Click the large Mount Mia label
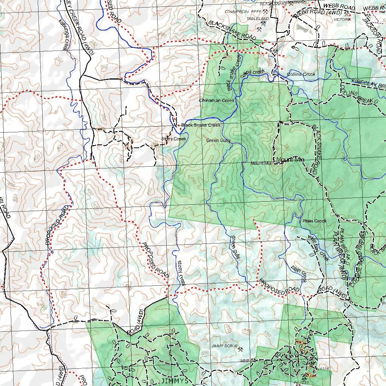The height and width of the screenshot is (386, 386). point(290,160)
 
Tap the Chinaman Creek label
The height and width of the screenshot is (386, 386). point(216,100)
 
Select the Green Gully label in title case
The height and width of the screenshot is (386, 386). point(218,140)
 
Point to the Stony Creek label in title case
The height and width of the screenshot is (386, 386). point(174,139)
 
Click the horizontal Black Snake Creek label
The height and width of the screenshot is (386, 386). point(201,125)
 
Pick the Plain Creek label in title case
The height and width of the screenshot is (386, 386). point(314,221)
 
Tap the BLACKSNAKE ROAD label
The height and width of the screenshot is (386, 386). point(232,30)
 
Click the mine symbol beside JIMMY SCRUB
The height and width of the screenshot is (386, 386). point(240,349)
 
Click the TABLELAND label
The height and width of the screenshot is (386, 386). point(257,18)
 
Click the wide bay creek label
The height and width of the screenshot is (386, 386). point(319,248)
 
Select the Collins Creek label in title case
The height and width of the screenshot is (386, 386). point(301,74)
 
